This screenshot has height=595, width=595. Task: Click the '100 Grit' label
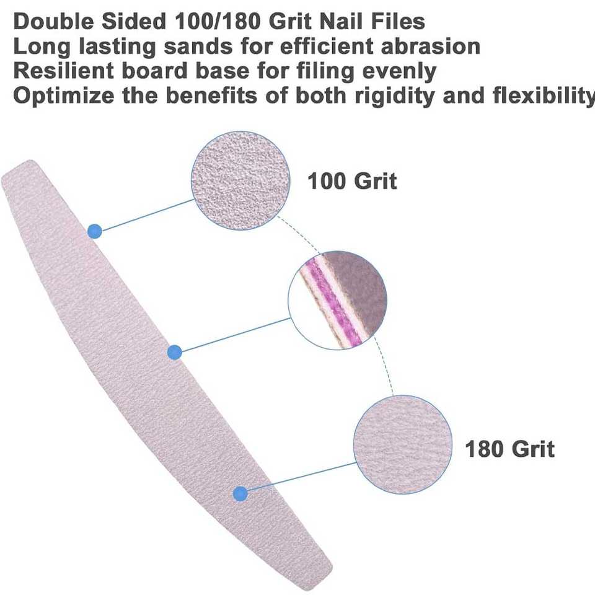tap(352, 182)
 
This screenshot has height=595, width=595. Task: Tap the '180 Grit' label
tap(509, 448)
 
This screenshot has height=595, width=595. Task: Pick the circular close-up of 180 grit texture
tap(403, 444)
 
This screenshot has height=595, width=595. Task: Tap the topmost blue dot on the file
tap(94, 231)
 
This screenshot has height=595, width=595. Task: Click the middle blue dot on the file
tap(175, 353)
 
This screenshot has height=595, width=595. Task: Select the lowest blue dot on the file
tap(240, 493)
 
